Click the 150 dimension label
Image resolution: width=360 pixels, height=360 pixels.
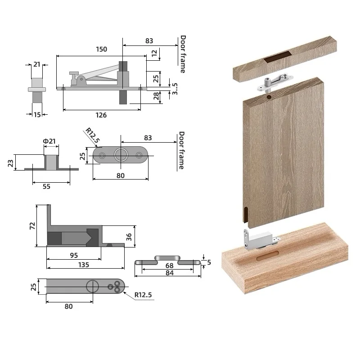pos(102,49)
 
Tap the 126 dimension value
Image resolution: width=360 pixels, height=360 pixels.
pos(101,115)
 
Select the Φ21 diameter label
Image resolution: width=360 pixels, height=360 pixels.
pos(49,141)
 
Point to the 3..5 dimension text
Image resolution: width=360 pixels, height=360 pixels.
pos(175,89)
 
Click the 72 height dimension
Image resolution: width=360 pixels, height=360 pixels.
pos(32,226)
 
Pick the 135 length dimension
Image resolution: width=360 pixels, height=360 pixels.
pos(84,265)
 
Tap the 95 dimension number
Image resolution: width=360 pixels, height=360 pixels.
pos(74,255)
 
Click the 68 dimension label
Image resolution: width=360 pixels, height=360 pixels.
pos(170,265)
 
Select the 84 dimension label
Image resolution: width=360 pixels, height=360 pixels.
pos(170,273)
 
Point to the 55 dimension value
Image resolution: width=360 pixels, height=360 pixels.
pos(46,186)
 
